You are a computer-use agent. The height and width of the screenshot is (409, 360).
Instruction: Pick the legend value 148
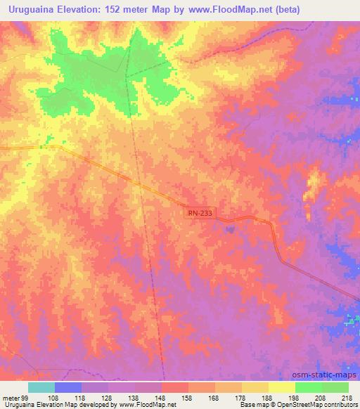pyautogui.click(x=162, y=397)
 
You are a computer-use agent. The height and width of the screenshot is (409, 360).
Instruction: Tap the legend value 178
pyautogui.click(x=242, y=397)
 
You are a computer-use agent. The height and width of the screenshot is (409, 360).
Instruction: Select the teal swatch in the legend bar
pyautogui.click(x=41, y=387)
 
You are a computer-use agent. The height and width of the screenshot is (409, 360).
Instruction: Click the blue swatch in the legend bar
pyautogui.click(x=68, y=387)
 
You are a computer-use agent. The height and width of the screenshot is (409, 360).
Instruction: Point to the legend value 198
pyautogui.click(x=295, y=397)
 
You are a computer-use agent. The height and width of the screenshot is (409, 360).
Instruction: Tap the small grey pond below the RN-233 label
pyautogui.click(x=229, y=226)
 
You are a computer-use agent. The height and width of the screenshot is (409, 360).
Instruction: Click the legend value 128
pyautogui.click(x=108, y=397)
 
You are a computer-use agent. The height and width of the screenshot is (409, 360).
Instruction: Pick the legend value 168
pyautogui.click(x=215, y=397)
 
